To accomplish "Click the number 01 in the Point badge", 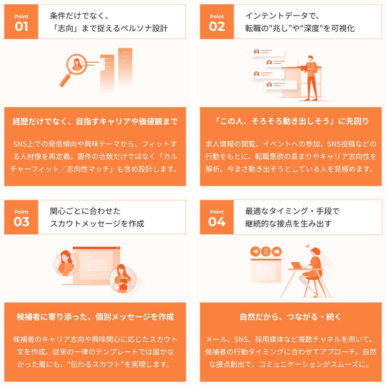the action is [x=21, y=27].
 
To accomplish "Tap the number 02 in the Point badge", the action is [x=217, y=27].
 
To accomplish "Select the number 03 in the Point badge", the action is [x=21, y=222].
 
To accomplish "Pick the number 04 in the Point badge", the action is [x=217, y=222].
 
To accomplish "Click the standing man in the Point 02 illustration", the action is [x=311, y=78].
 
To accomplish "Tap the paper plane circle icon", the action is [x=255, y=251].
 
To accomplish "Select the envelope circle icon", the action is [x=277, y=251].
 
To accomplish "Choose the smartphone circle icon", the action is [x=266, y=251].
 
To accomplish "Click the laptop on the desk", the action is [x=297, y=265].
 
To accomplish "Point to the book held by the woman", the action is [x=124, y=283].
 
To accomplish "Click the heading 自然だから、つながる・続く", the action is [x=291, y=317].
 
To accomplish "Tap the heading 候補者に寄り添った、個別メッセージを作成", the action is [x=95, y=317].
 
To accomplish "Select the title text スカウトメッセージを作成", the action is [x=97, y=224].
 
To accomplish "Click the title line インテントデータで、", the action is [x=282, y=16].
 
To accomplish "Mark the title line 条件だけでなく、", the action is [x=79, y=16].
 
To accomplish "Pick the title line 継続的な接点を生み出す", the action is [x=288, y=224].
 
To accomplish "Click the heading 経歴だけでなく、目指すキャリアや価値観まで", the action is [x=95, y=121].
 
